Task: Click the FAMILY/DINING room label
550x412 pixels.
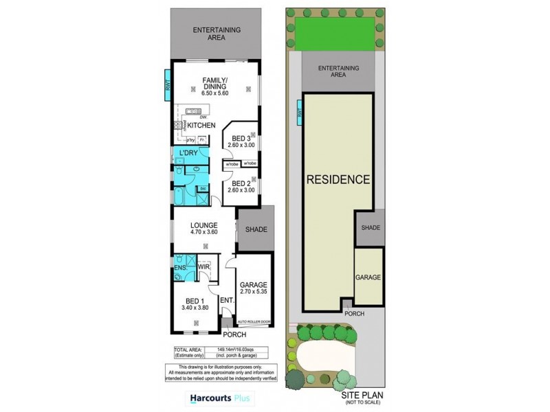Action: (214, 84)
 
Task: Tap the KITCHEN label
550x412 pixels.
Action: (201, 126)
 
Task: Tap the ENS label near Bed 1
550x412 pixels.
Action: (181, 266)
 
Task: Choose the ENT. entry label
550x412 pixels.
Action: (227, 300)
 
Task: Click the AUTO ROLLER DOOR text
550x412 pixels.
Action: (254, 321)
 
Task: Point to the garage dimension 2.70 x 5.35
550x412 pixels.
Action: (254, 293)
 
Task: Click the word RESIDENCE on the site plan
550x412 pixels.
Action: (338, 180)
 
